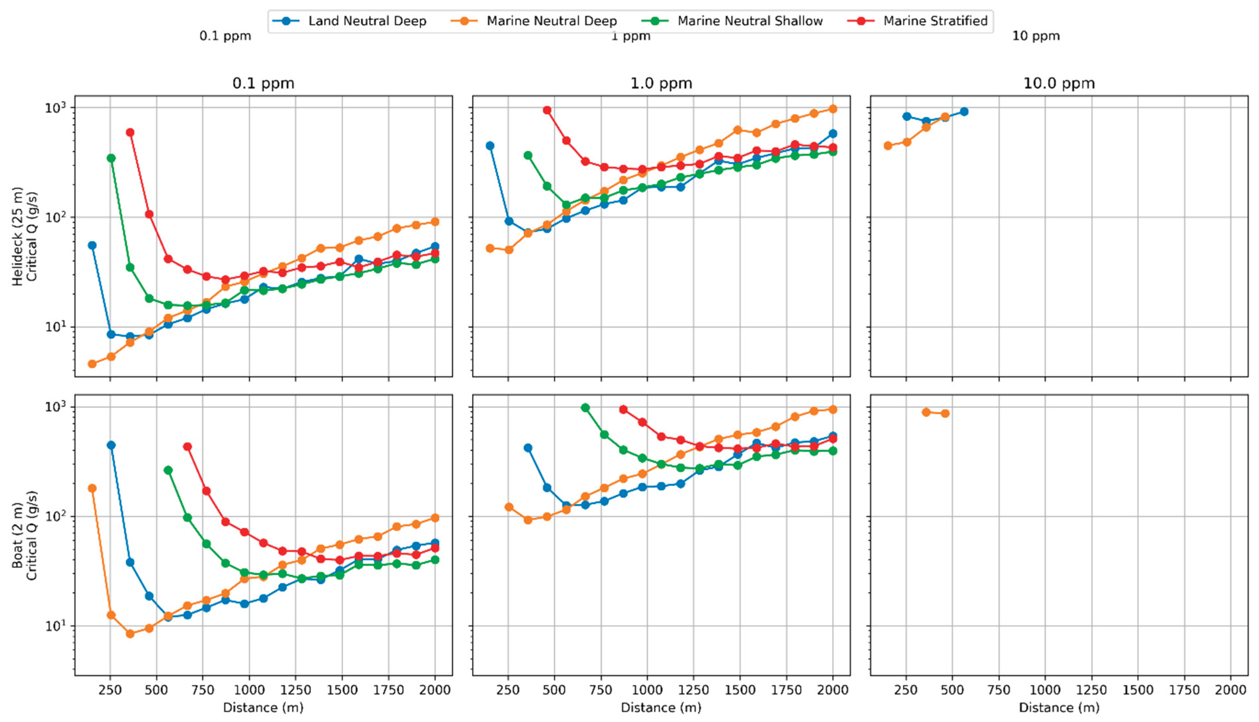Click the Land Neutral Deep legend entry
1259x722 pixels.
[349, 21]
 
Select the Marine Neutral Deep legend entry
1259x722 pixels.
[534, 21]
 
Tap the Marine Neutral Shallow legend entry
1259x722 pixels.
[732, 21]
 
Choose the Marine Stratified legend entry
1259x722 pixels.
[918, 21]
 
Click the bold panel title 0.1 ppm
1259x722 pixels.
[263, 83]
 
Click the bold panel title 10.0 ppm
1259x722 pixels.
[1059, 83]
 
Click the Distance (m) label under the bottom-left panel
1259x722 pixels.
[263, 707]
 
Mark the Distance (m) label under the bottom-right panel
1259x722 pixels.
[1059, 707]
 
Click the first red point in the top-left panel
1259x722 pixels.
[130, 132]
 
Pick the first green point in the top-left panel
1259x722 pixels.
[111, 158]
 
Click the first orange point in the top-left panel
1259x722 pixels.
[92, 364]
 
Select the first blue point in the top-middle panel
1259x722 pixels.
[490, 146]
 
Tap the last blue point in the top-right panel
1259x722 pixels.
[964, 112]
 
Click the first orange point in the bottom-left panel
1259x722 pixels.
[92, 488]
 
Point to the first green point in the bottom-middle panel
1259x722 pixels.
[585, 408]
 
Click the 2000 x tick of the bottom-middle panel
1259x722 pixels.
[832, 690]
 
